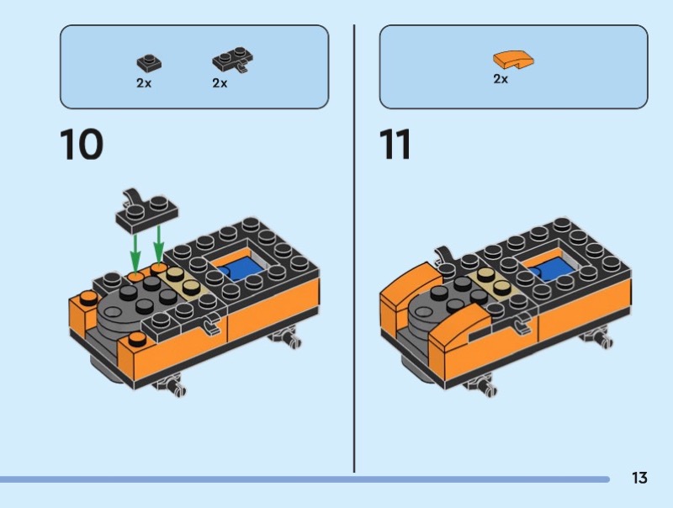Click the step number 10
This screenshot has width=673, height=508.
81,144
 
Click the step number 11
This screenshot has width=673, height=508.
395,144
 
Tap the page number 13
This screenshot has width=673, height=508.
639,478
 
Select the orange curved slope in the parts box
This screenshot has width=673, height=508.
513,60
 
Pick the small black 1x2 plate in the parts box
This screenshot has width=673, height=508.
148,61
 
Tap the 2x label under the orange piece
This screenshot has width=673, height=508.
500,80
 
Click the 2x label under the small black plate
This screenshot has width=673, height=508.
143,83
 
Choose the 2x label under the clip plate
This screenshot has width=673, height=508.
220,83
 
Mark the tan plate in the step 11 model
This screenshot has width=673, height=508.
493,283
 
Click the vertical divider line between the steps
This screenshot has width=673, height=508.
354,252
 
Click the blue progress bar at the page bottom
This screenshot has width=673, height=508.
303,479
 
